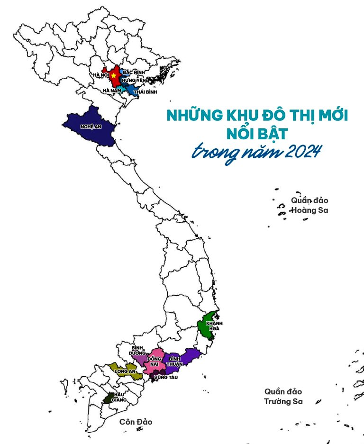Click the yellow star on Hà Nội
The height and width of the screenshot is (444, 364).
pyautogui.click(x=114, y=76)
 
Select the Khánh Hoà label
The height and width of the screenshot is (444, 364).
pyautogui.click(x=214, y=326)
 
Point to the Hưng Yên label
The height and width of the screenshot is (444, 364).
pyautogui.click(x=135, y=81)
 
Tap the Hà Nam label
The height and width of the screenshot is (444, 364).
pyautogui.click(x=112, y=91)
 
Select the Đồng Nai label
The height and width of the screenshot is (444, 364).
pyautogui.click(x=155, y=362)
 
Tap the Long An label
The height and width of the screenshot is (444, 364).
pyautogui.click(x=125, y=372)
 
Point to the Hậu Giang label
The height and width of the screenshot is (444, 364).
pyautogui.click(x=119, y=397)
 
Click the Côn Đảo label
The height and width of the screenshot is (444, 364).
pyautogui.click(x=136, y=422)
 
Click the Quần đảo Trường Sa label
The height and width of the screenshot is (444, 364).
pyautogui.click(x=283, y=397)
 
